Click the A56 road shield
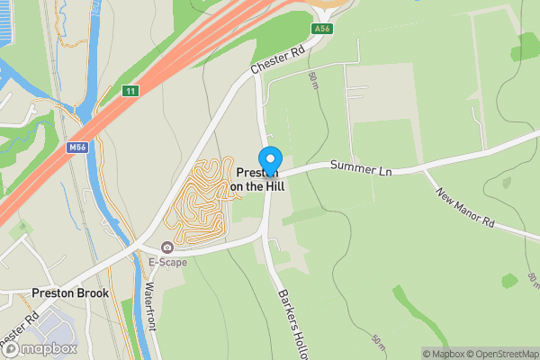[321, 29]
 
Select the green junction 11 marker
[131, 91]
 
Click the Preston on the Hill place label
[256, 179]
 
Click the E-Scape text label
[167, 263]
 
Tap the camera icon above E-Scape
[166, 247]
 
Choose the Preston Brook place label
[69, 292]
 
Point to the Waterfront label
[150, 306]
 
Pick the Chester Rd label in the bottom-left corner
[20, 329]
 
